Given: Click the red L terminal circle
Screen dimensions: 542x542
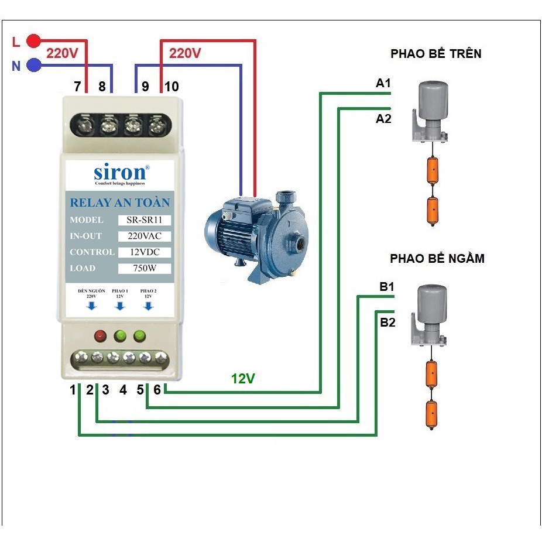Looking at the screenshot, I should [34, 41].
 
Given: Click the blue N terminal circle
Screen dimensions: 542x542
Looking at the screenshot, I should [34, 65].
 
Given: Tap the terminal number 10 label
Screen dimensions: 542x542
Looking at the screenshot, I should [171, 87].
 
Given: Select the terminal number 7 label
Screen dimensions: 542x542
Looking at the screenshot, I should [77, 87].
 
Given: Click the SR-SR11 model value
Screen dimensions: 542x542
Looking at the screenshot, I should [144, 220].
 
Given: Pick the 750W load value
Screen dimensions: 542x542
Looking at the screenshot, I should [144, 269].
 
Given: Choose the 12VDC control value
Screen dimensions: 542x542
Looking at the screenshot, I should [144, 252].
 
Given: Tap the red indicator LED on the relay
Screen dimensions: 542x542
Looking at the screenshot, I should [100, 336].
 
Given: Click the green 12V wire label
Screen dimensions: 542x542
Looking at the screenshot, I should [243, 379].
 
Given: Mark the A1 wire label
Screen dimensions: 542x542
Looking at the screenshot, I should [383, 84].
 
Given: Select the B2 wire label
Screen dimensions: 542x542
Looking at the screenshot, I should [387, 322].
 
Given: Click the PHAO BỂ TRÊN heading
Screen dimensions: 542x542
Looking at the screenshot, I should [436, 54].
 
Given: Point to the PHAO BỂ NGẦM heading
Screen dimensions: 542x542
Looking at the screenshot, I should [437, 258].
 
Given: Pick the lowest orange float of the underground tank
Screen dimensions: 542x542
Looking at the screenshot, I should [431, 413].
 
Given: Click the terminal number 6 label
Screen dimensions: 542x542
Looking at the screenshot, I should [157, 389].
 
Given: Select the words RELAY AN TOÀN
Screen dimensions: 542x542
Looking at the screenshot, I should [120, 203].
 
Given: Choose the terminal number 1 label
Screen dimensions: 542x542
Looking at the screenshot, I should [74, 389].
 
